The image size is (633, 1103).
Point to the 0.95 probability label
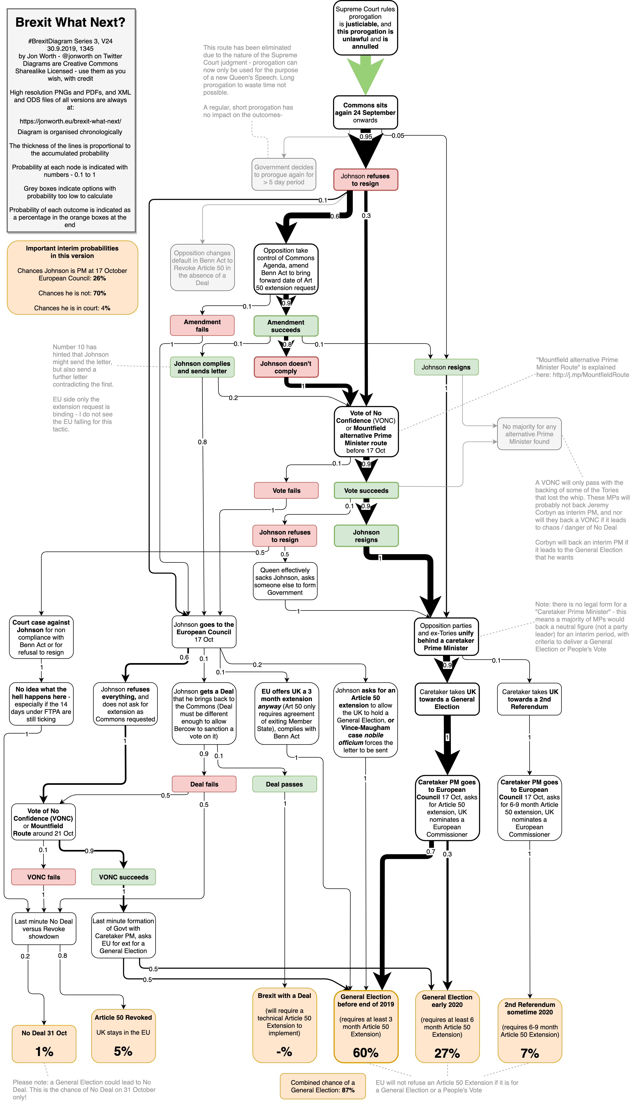pyautogui.click(x=366, y=136)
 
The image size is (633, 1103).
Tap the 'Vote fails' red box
pyautogui.click(x=286, y=490)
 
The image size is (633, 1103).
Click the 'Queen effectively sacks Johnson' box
pyautogui.click(x=285, y=581)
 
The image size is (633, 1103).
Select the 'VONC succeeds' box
pyautogui.click(x=123, y=877)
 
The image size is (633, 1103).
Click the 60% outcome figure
pyautogui.click(x=366, y=1053)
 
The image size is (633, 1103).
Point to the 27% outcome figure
pyautogui.click(x=447, y=1053)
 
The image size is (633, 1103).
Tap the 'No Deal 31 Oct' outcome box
pyautogui.click(x=44, y=1043)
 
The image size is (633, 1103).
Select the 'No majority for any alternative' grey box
pyautogui.click(x=529, y=434)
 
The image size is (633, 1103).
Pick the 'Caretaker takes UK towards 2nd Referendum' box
pyautogui.click(x=529, y=699)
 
